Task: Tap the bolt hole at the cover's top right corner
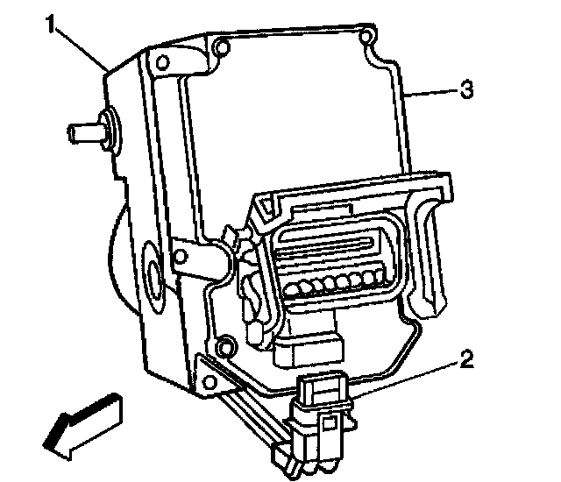coord(368,37)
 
